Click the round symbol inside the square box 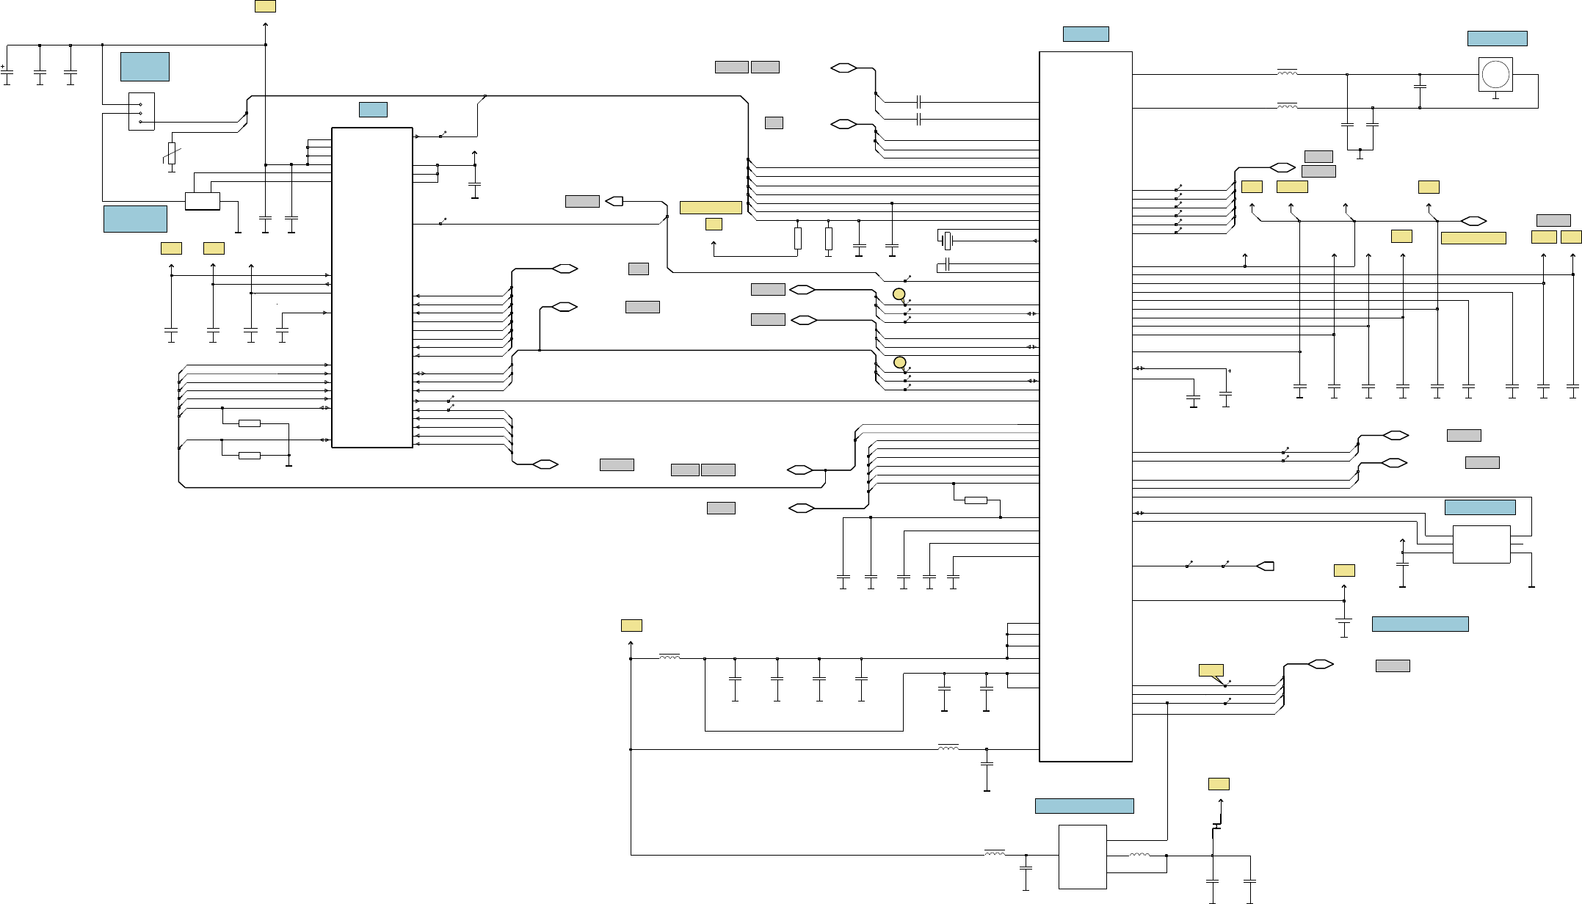[x=1495, y=74]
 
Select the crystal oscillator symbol [x=947, y=240]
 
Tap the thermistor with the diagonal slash [x=172, y=153]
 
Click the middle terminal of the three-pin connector [x=140, y=113]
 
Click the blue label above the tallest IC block [x=1085, y=34]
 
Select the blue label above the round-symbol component [x=1497, y=38]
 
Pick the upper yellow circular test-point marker [x=899, y=294]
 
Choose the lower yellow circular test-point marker [x=899, y=362]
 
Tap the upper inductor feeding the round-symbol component [x=1287, y=73]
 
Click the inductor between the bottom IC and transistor [x=1139, y=855]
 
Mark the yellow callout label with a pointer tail [x=1211, y=671]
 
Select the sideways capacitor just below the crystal [x=948, y=264]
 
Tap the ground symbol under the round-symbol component [x=1495, y=95]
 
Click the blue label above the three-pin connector [x=145, y=66]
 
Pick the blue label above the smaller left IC [x=373, y=109]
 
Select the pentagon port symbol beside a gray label [x=614, y=201]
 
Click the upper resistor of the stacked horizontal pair [x=250, y=423]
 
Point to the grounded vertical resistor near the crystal [x=828, y=239]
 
